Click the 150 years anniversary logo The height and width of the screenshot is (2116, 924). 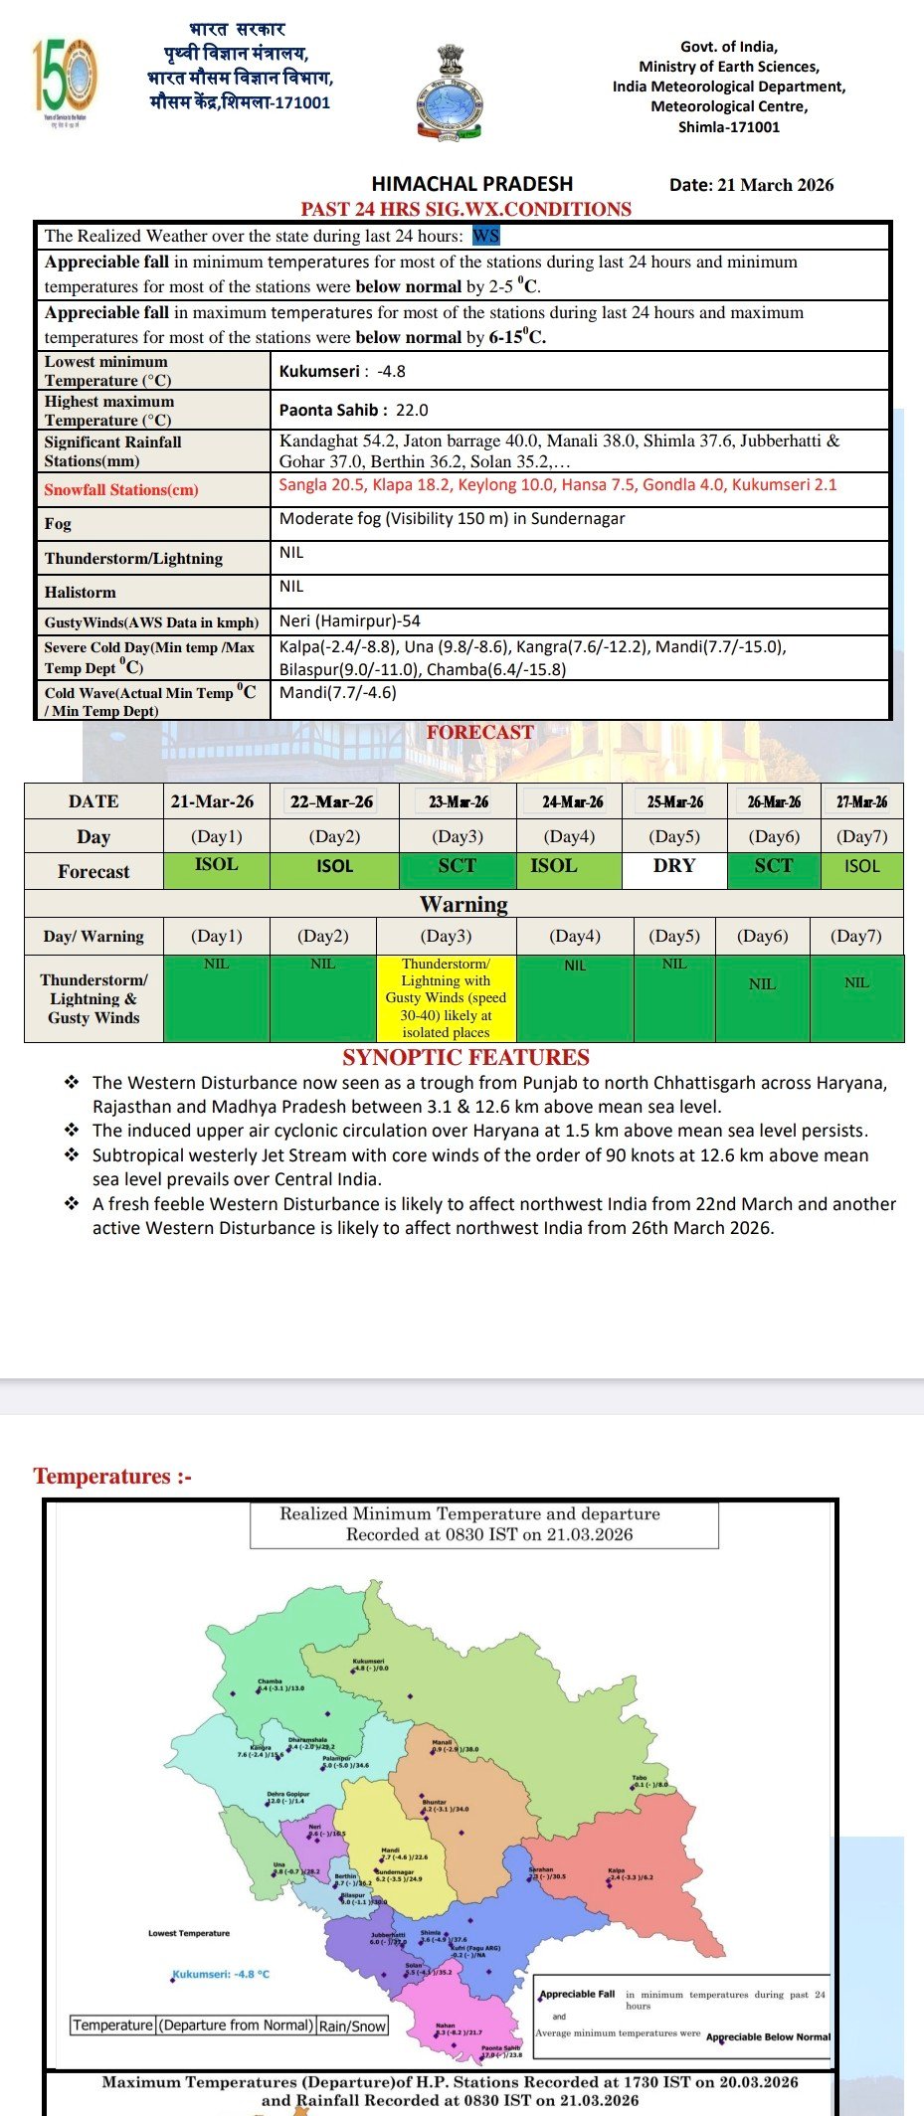(x=65, y=78)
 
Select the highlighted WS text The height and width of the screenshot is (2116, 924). (x=486, y=236)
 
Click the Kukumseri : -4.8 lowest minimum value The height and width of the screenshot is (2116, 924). (x=342, y=371)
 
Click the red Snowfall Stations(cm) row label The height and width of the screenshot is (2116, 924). (x=121, y=489)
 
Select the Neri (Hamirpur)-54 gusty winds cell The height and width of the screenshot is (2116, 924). (x=350, y=620)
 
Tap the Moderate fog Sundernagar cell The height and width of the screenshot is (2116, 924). (x=452, y=518)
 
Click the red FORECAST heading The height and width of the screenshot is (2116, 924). (x=480, y=732)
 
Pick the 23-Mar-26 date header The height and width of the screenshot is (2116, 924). (x=458, y=801)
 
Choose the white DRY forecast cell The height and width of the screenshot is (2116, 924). (x=674, y=866)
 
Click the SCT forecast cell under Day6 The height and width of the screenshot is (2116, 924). (x=773, y=866)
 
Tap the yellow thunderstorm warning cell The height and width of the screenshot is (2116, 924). (x=446, y=997)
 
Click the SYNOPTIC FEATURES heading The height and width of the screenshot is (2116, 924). (x=465, y=1057)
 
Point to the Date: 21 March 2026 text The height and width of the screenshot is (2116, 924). (x=751, y=184)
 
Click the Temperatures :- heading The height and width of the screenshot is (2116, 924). (x=112, y=1476)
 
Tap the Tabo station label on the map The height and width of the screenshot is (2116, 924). (x=640, y=1777)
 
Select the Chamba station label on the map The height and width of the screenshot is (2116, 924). (x=270, y=1681)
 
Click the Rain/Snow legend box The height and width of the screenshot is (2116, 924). (x=352, y=2026)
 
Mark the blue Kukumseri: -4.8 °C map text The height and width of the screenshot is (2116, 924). (x=221, y=1974)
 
